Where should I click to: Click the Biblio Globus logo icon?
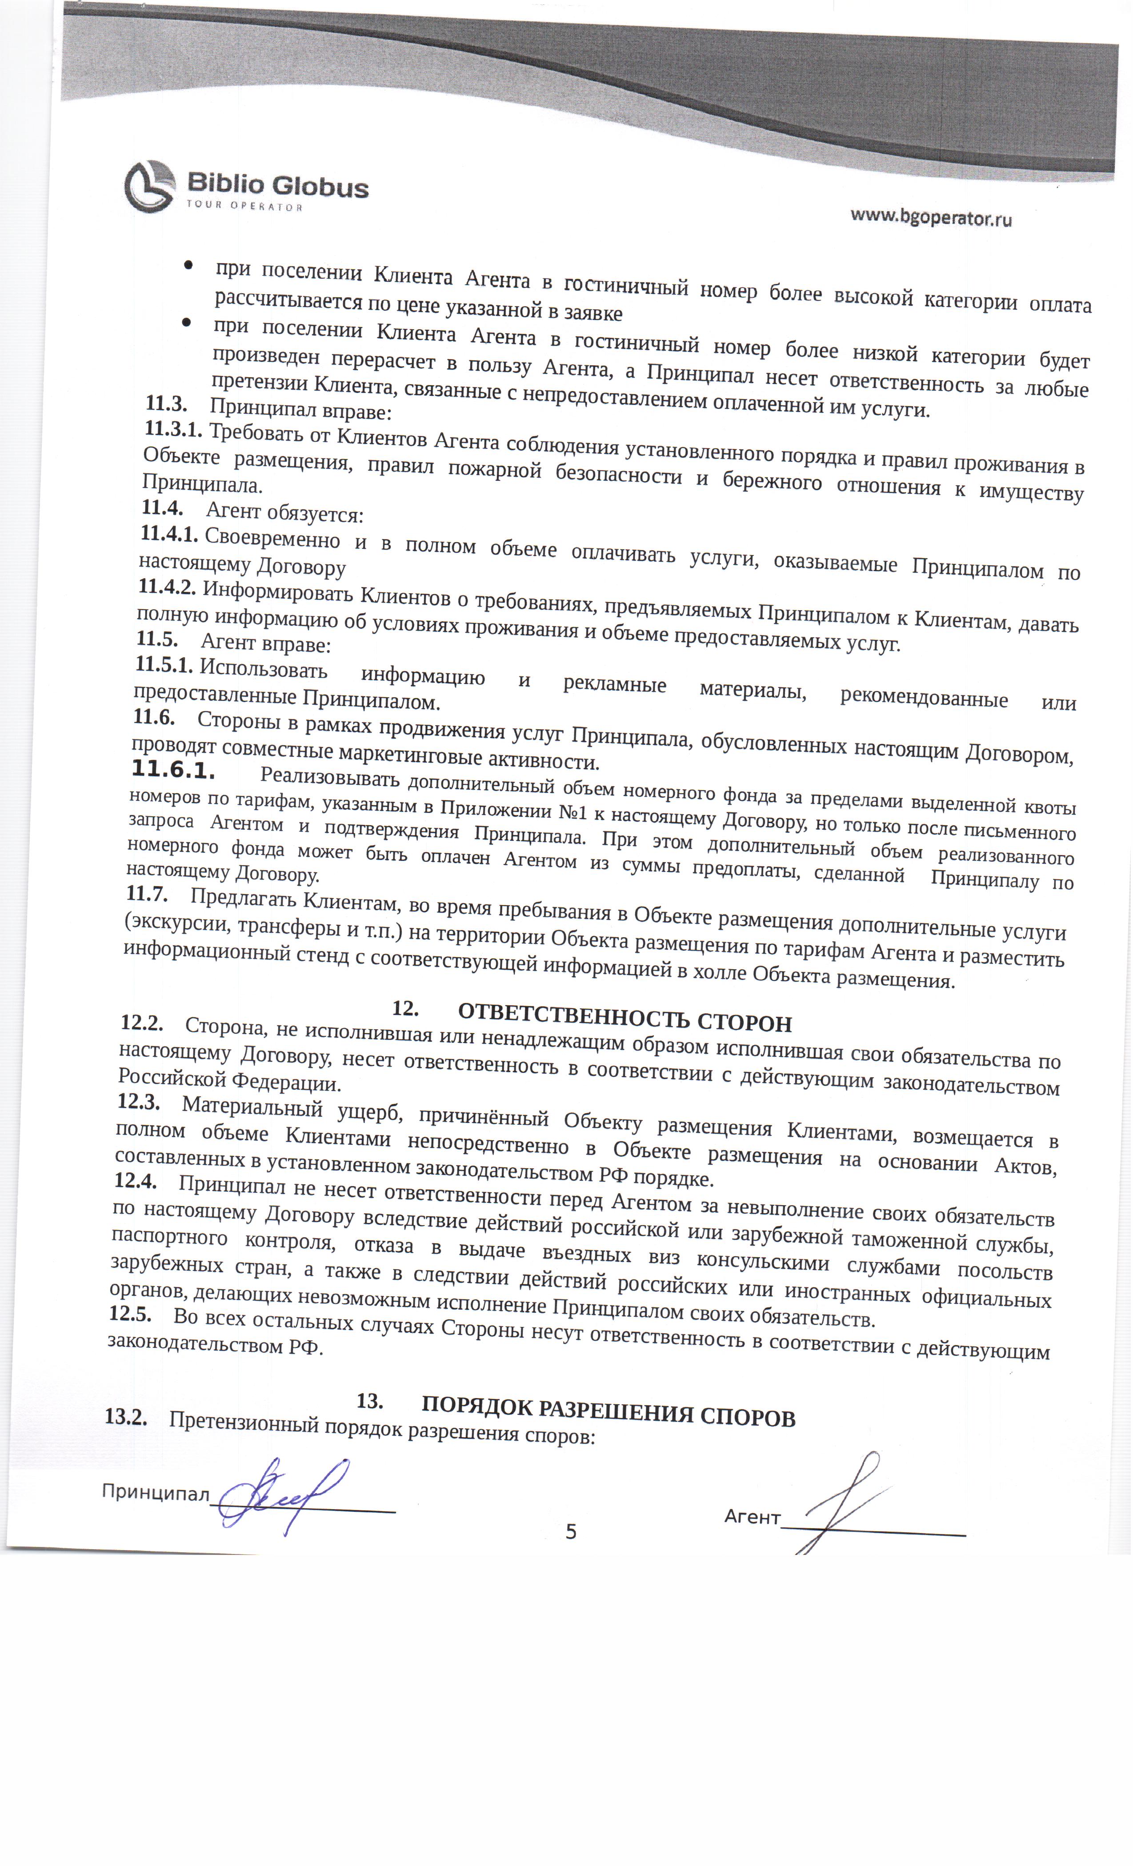click(x=150, y=186)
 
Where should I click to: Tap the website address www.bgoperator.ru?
click(x=931, y=218)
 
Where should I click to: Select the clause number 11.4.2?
click(x=168, y=587)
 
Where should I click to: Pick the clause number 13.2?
click(x=126, y=1417)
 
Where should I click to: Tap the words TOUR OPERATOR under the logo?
click(x=244, y=207)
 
